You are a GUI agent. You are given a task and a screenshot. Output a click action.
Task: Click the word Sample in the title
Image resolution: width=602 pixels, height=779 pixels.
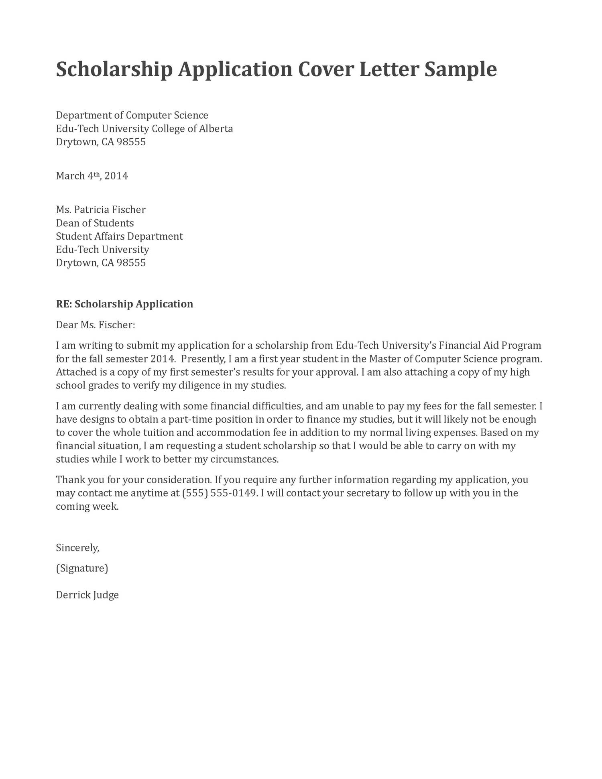(x=460, y=69)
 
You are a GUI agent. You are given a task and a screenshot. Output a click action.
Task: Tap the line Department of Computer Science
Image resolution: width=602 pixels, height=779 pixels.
(x=132, y=115)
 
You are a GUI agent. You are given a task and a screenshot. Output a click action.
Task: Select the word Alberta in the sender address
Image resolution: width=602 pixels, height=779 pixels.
(x=216, y=128)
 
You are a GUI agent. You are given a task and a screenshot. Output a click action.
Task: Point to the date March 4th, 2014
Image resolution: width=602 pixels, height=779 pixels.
(x=92, y=176)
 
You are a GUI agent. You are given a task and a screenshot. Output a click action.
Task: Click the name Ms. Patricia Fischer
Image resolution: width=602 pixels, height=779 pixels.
(x=100, y=209)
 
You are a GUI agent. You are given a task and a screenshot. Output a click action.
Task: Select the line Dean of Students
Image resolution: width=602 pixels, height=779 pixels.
(x=95, y=223)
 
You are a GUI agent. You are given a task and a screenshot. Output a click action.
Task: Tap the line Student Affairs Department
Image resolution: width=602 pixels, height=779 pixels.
(x=119, y=236)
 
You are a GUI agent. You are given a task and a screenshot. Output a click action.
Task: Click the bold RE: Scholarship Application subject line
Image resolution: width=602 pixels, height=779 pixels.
(x=124, y=304)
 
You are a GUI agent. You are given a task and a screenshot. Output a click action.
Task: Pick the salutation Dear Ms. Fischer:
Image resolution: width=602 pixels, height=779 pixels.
(x=96, y=325)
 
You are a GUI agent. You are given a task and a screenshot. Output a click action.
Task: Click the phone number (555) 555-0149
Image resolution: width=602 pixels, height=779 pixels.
(x=219, y=493)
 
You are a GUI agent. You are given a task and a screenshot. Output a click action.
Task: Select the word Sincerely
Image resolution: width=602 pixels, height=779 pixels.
(x=77, y=547)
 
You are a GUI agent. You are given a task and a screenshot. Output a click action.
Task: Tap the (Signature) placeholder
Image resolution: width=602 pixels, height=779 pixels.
(x=82, y=568)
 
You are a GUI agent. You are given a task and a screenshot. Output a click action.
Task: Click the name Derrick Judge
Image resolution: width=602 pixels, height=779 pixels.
(x=87, y=595)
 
